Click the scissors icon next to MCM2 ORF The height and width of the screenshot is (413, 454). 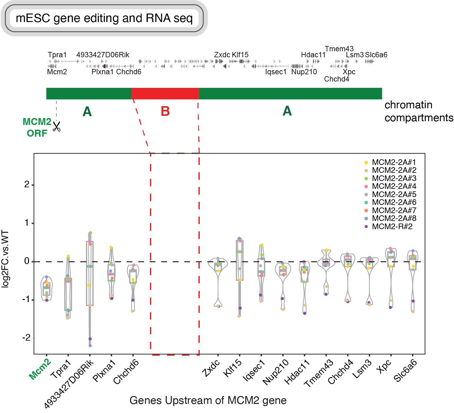point(57,127)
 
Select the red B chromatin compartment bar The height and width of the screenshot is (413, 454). point(165,94)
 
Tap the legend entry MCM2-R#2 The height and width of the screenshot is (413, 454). point(392,227)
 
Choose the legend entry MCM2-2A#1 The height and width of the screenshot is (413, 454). point(394,162)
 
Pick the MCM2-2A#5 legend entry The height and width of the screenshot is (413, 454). point(394,195)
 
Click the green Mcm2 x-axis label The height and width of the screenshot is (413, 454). point(40,370)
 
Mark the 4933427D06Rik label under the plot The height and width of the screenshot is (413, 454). point(69,384)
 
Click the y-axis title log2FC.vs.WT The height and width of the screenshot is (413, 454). point(6,259)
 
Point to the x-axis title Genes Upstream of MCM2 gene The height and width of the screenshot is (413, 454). point(208,401)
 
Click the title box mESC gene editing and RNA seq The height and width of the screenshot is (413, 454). point(104,18)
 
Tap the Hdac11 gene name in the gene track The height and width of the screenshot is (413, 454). point(313,55)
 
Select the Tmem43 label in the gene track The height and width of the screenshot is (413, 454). point(339,49)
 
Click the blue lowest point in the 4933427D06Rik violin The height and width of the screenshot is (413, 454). point(90,346)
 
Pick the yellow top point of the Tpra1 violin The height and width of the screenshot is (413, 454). point(68,256)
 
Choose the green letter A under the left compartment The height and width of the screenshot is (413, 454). point(87,111)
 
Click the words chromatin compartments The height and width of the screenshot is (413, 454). point(418,111)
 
